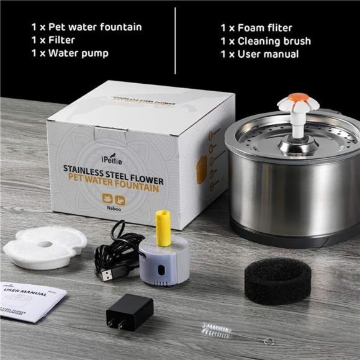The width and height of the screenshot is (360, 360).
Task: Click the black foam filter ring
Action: coord(276,280)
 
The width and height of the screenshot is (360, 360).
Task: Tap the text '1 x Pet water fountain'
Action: coord(86,27)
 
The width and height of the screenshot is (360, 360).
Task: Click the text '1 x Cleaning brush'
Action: coord(266,41)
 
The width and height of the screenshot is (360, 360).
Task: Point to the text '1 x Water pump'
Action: coord(70,53)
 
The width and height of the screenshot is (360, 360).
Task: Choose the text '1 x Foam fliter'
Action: coord(256,28)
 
